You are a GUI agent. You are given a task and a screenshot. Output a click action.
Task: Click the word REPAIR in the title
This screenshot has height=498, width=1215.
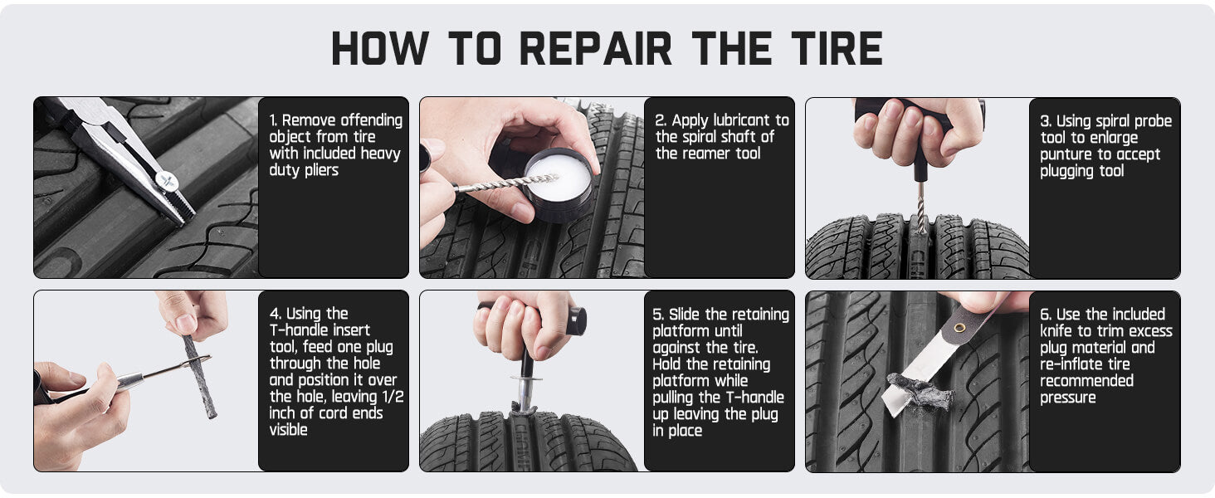(x=596, y=48)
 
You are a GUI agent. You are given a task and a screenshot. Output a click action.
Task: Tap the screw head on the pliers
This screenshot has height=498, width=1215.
(x=167, y=181)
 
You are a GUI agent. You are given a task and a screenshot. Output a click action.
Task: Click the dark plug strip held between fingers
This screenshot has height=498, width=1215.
(x=199, y=377)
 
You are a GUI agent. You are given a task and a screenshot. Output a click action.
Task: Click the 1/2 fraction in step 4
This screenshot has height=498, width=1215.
(x=393, y=397)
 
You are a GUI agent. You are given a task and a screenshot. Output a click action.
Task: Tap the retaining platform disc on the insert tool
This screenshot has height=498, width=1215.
(x=526, y=378)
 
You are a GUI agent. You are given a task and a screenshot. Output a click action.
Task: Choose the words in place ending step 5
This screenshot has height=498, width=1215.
(x=677, y=431)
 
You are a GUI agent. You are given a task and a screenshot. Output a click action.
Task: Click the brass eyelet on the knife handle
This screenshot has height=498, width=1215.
(x=960, y=328)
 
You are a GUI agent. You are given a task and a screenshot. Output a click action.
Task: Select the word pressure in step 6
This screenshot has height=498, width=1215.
(x=1067, y=398)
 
